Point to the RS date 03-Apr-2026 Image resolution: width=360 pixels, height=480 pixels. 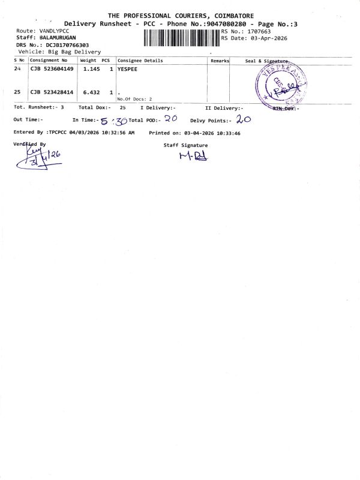[267, 38]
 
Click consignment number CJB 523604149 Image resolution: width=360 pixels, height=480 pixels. [52, 70]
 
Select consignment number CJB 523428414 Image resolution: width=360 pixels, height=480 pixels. [52, 92]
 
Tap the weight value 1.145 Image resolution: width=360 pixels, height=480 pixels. [89, 70]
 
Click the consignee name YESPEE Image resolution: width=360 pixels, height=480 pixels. [127, 70]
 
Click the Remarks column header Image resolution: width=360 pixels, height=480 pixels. [220, 61]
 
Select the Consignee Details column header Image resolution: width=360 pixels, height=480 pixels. [140, 61]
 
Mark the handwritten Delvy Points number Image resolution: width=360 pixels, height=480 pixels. [243, 119]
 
